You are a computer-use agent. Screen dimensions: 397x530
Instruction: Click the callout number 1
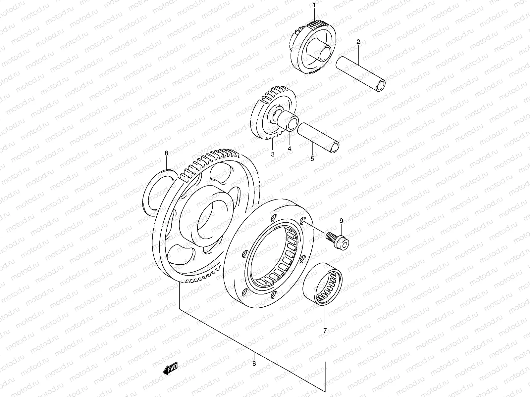(x=315, y=6)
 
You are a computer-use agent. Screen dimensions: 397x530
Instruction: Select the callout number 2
(x=358, y=42)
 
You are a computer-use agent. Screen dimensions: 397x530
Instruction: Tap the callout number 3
(x=273, y=154)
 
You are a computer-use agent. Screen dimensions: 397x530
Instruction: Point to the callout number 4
(x=289, y=149)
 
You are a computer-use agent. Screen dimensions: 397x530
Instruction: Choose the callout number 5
(x=312, y=159)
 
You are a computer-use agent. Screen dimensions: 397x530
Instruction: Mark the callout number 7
(x=325, y=330)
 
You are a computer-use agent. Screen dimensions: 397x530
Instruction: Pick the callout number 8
(x=167, y=153)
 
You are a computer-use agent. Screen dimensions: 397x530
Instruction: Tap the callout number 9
(x=341, y=221)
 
